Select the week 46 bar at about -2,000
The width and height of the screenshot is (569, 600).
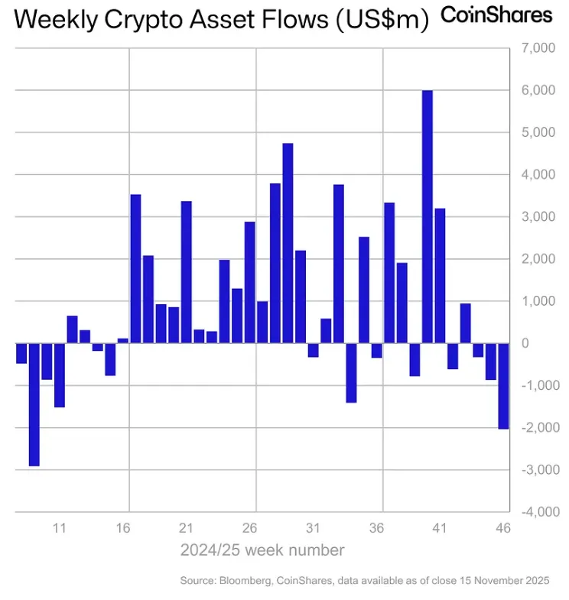[x=504, y=385]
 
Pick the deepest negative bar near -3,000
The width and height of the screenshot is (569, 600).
[x=34, y=404]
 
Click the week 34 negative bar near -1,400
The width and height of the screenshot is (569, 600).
[x=351, y=372]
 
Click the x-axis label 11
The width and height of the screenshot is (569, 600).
[x=60, y=528]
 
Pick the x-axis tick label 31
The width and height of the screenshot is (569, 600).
[x=312, y=528]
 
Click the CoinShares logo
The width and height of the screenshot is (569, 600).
[x=496, y=15]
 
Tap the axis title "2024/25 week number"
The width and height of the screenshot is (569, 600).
[x=262, y=550]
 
